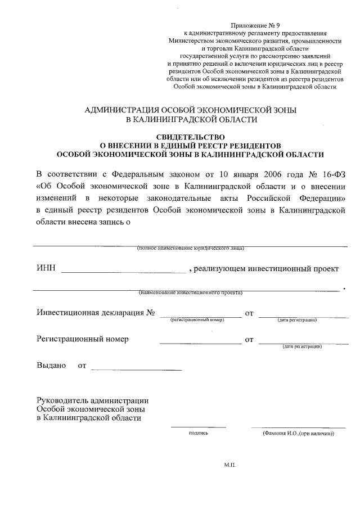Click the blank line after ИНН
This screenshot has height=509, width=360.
[x=123, y=272]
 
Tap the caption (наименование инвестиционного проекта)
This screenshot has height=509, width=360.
[x=191, y=293]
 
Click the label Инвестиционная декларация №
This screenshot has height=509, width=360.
[x=96, y=313]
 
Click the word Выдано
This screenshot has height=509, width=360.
[x=51, y=366]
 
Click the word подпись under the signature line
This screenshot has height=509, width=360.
[x=199, y=434]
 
